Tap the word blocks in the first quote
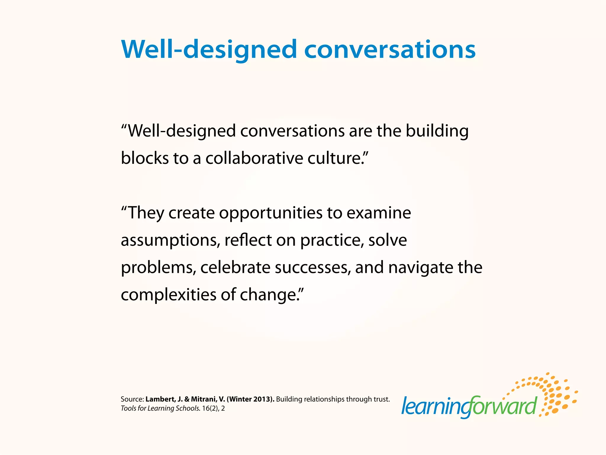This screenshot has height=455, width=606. tap(145, 158)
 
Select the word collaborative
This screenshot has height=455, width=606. tap(254, 158)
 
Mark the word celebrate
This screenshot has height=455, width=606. tap(235, 267)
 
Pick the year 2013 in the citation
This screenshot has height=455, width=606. tap(262, 399)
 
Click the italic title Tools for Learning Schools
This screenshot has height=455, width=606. tap(160, 408)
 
